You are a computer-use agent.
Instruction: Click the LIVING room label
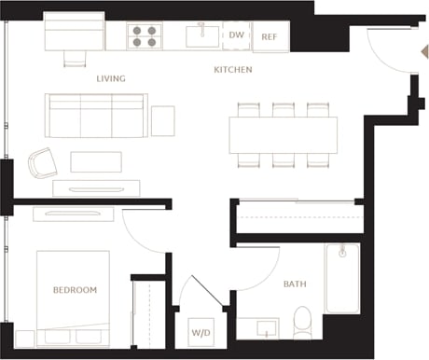coord(110,78)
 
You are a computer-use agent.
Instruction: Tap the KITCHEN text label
coord(232,70)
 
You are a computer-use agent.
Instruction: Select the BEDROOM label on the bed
coord(75,290)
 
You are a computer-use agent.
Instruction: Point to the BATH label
coord(295,284)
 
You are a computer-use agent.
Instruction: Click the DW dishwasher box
coord(237,36)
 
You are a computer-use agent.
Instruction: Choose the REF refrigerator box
coord(269,37)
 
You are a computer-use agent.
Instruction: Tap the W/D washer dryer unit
coord(201,332)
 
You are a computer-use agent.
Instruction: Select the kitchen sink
coord(201,36)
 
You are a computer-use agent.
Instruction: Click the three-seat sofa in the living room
coord(96,115)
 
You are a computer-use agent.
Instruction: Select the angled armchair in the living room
coord(42,164)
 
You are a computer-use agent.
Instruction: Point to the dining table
coord(284,135)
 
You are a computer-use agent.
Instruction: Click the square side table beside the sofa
coord(162,120)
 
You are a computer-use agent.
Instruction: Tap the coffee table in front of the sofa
coord(95,161)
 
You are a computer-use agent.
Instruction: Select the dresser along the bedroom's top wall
coord(73,215)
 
